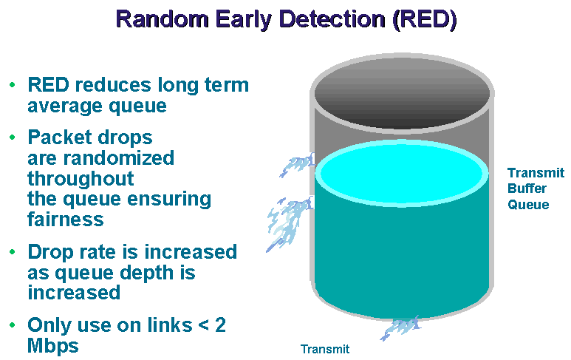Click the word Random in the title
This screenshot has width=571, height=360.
pos(163,18)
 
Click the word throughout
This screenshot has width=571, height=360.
pos(81,180)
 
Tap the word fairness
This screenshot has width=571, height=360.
pos(66,220)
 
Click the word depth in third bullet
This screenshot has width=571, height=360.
pos(147,274)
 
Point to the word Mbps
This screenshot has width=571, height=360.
pos(53,346)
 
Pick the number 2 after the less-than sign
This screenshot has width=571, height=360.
pos(220,325)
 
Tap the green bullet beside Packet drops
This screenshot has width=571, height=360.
pos(13,137)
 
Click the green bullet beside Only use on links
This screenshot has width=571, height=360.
pos(13,325)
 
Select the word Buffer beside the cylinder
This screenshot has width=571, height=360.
pos(527,189)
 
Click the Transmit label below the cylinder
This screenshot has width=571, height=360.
pos(325,349)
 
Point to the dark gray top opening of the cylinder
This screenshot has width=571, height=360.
pos(402,93)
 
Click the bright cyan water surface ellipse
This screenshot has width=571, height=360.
pos(401,174)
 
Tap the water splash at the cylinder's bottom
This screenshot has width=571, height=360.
pos(400,327)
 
